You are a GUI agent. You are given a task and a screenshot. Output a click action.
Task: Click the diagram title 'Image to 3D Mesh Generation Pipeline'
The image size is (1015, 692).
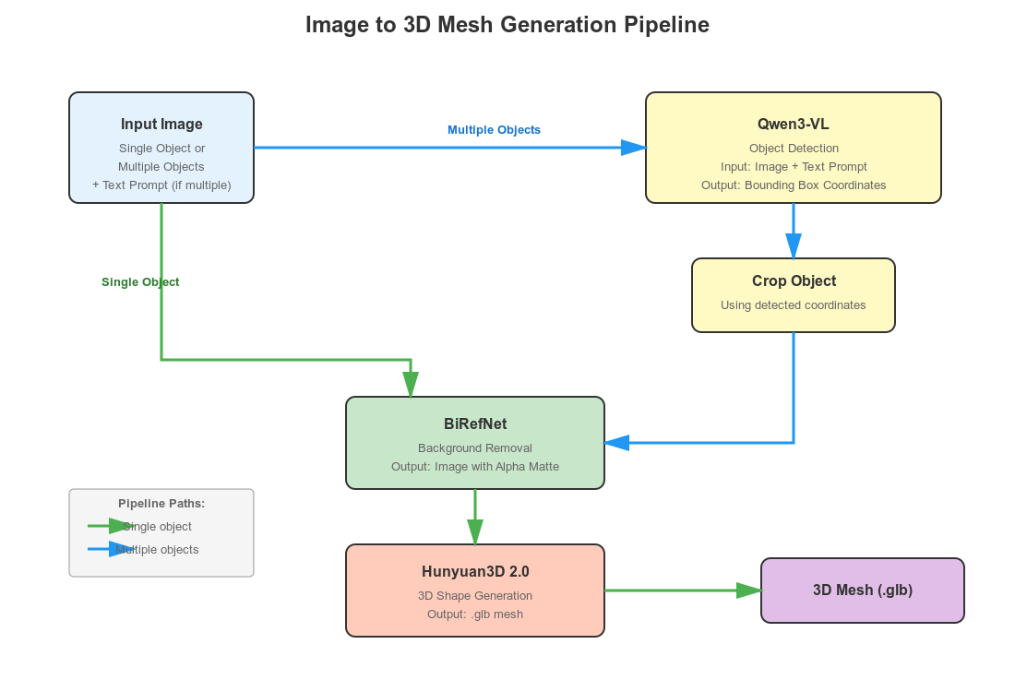point(507,25)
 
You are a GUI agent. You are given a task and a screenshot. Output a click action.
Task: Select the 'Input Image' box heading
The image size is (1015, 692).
point(161,125)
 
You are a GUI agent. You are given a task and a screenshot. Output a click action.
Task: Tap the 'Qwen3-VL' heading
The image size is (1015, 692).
point(794,125)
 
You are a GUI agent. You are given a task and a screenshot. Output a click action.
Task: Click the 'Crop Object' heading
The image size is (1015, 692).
point(794,281)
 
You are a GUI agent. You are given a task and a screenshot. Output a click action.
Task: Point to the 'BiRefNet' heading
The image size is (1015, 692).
point(475,424)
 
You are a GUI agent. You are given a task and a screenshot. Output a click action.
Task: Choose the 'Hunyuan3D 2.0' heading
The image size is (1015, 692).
point(475,572)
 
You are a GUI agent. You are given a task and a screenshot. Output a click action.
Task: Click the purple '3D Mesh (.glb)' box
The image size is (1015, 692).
point(863,591)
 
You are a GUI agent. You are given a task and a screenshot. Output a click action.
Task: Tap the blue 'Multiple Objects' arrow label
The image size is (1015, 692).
point(494,130)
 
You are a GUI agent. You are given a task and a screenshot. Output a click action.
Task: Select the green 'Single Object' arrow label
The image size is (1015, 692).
point(140,282)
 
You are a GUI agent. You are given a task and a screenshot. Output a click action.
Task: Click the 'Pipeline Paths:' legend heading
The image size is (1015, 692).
point(161,504)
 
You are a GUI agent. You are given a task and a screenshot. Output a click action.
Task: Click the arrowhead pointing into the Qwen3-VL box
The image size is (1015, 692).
point(634,148)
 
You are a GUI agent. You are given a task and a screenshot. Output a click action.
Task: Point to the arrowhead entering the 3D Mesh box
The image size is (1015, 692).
point(749,591)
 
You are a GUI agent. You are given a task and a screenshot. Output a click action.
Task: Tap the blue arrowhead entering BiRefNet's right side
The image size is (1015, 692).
point(616,443)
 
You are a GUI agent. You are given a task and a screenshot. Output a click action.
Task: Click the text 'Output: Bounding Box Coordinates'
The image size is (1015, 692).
point(794,185)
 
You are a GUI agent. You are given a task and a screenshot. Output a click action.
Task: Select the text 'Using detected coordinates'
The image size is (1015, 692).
point(794,305)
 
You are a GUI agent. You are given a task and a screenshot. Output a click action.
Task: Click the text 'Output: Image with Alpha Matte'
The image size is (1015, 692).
point(475,467)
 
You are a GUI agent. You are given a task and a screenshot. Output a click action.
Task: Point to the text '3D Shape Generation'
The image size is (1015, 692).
point(475,596)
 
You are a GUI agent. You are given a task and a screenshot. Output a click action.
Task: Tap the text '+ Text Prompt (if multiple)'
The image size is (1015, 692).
point(161,185)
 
